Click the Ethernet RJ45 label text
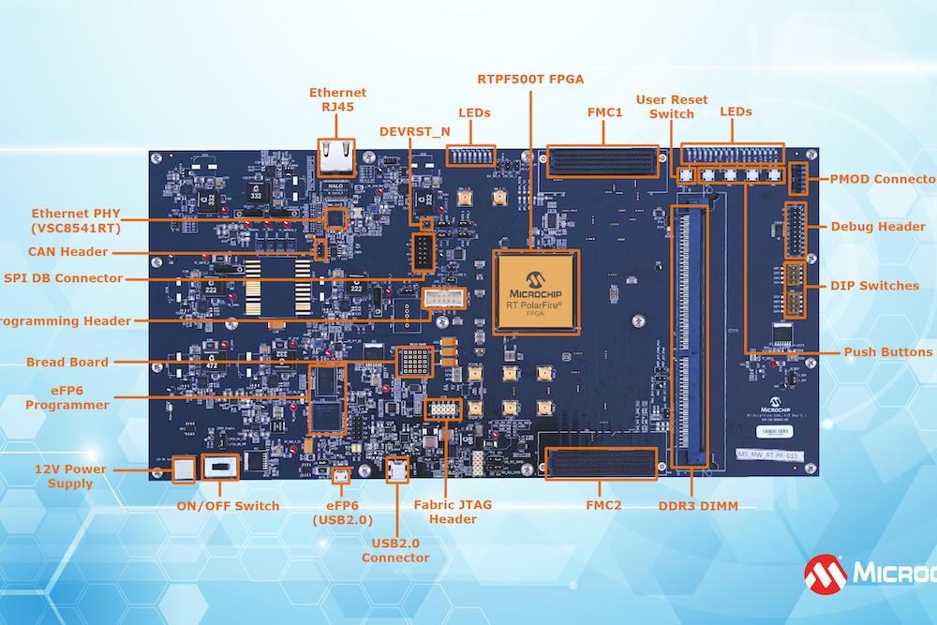pyautogui.click(x=338, y=100)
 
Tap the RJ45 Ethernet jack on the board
pyautogui.click(x=335, y=156)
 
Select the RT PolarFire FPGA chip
pyautogui.click(x=536, y=290)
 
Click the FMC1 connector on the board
pyautogui.click(x=602, y=163)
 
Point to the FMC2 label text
pyautogui.click(x=604, y=505)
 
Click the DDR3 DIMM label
pyautogui.click(x=698, y=506)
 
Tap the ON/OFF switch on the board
pyautogui.click(x=221, y=467)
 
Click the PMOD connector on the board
pyautogui.click(x=798, y=179)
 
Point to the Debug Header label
pyautogui.click(x=878, y=227)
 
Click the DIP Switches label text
pyautogui.click(x=875, y=286)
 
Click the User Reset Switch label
pyautogui.click(x=672, y=107)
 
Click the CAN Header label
pyautogui.click(x=68, y=252)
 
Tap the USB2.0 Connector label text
pyautogui.click(x=395, y=550)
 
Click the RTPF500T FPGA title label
pyautogui.click(x=530, y=79)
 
